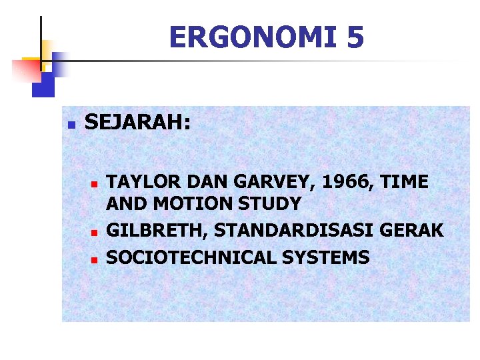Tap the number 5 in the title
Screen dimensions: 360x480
tap(355, 37)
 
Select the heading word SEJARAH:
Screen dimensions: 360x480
tap(138, 123)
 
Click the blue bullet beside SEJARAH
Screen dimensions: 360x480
tap(72, 124)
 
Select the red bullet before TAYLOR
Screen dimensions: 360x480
tap(95, 183)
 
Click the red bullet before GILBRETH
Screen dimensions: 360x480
tap(95, 232)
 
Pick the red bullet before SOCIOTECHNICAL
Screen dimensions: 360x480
tap(95, 258)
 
